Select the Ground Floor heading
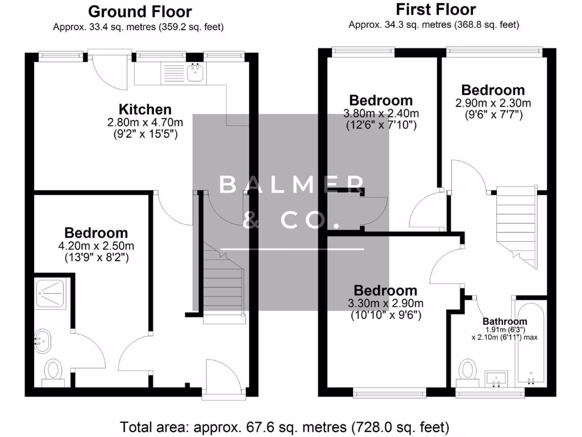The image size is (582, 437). tap(140, 11)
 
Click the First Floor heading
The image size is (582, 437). tap(435, 9)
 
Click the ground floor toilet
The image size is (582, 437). tap(53, 372)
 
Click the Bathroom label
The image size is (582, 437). tap(505, 321)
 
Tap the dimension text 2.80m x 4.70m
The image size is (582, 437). tap(145, 122)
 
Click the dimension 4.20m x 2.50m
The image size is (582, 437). tap(96, 246)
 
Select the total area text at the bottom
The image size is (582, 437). tap(284, 426)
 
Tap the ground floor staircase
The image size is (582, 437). tap(224, 282)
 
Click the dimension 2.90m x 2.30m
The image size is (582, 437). tap(493, 103)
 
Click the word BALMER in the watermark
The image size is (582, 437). tap(291, 184)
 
